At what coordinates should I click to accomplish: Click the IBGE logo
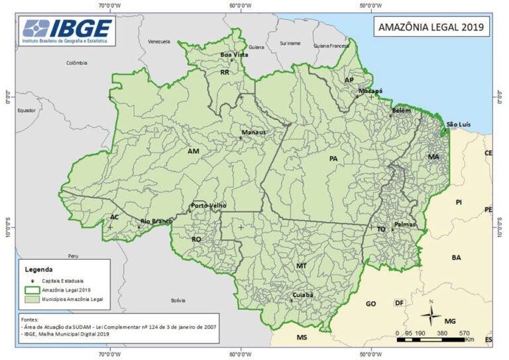point(68,30)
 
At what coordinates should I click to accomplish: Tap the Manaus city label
point(253,132)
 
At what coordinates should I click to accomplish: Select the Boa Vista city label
point(234,54)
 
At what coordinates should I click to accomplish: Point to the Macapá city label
point(370,90)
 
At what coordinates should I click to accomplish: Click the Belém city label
point(402,110)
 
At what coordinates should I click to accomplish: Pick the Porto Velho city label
point(208,206)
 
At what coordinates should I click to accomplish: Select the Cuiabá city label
point(302,294)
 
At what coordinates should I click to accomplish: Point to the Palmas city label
point(404,225)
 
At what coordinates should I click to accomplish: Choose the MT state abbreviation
point(302,265)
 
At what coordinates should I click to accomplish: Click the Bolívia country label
point(178,300)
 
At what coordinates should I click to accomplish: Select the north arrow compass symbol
point(431,314)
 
